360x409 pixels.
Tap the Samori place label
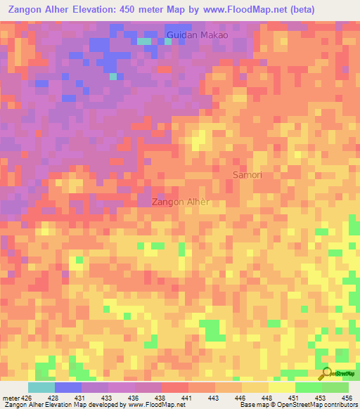point(247,174)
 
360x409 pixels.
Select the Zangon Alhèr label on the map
point(181,202)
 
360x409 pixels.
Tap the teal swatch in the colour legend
point(41,387)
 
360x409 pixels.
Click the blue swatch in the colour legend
point(67,387)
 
